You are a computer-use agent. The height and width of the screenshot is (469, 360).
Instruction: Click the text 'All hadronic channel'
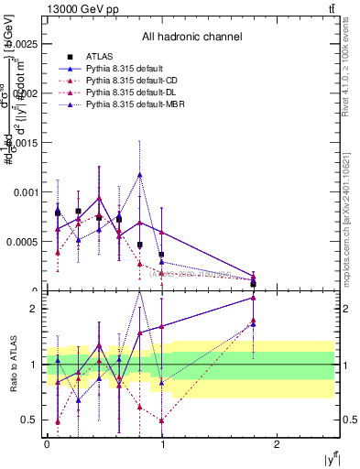191,38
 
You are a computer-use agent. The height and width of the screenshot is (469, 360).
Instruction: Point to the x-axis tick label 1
162,444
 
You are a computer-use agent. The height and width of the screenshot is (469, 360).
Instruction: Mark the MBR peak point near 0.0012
140,174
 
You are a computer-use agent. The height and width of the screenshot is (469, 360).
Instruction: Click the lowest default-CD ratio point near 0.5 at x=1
162,420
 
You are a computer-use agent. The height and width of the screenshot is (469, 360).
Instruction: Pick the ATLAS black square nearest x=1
161,255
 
